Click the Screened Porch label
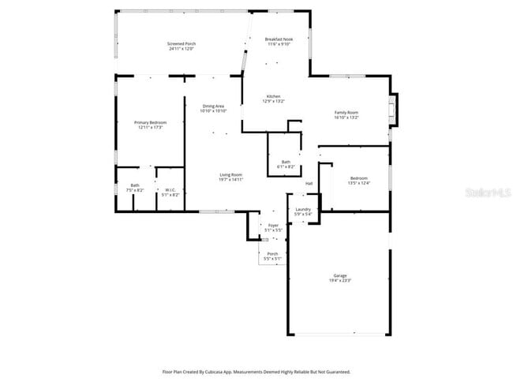click(182, 43)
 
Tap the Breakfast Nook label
click(279, 39)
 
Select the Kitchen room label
click(272, 96)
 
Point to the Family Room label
click(346, 113)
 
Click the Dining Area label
click(213, 106)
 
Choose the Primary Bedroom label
click(150, 122)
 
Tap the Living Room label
click(230, 174)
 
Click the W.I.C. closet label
click(170, 189)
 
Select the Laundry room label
click(303, 209)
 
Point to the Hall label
click(309, 183)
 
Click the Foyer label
click(273, 226)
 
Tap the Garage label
click(340, 275)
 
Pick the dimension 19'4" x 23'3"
click(340, 280)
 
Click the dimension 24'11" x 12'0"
click(182, 49)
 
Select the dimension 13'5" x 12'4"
click(358, 183)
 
